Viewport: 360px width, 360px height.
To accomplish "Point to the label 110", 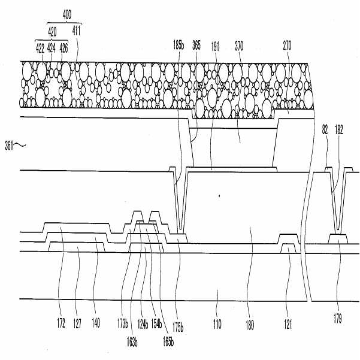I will pos(217,324).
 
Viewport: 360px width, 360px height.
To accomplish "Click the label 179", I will pos(338,319).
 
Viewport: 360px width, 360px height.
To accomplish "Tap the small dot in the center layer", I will pos(220,195).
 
